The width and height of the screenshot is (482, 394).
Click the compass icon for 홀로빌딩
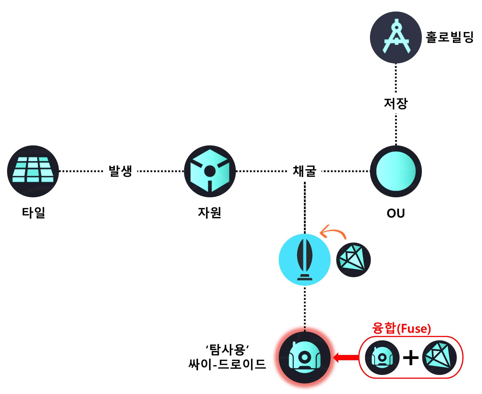396,38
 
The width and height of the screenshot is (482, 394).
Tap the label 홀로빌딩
450,38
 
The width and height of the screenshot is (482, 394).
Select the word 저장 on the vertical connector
396,103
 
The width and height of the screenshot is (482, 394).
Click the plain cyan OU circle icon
396,171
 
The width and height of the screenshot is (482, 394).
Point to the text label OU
396,213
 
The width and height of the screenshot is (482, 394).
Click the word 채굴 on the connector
305,171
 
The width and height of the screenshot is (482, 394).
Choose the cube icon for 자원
210,171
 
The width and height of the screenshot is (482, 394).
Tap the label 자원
209,213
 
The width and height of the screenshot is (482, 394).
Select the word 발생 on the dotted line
120,171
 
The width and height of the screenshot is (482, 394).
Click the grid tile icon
33,171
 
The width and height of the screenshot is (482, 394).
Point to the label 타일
33,213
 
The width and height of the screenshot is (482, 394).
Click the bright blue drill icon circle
305,260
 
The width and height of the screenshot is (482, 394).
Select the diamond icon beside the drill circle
353,260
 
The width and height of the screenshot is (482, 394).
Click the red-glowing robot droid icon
305,358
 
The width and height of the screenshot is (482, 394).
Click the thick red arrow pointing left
346,358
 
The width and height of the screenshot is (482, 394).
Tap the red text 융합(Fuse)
401,328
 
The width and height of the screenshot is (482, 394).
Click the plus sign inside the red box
411,358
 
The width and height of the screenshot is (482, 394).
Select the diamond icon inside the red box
439,358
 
